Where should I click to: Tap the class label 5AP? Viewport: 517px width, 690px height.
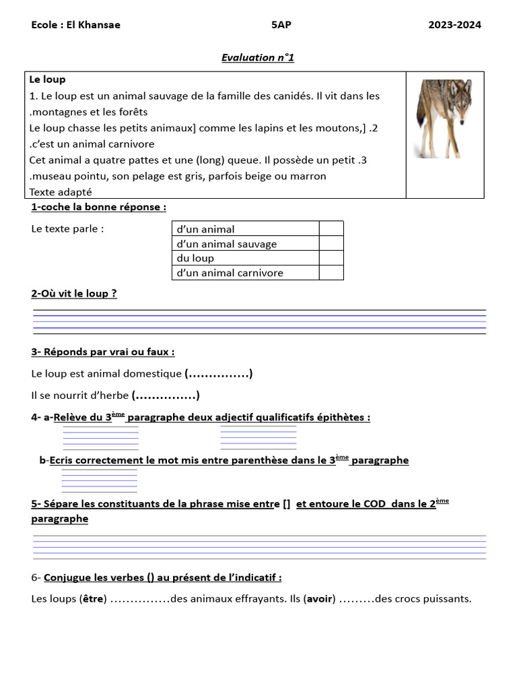281,25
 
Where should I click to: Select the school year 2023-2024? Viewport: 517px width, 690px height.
454,25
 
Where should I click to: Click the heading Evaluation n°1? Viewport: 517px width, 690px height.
258,57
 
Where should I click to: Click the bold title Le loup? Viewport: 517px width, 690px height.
47,80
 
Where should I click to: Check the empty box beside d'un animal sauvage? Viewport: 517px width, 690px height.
331,244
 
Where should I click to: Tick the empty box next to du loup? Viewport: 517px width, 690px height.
331,258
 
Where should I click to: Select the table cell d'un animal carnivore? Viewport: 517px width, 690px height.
230,273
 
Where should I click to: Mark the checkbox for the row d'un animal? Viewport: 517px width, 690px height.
331,229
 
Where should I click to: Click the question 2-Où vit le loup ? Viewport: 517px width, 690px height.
74,294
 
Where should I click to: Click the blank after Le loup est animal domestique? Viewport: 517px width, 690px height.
218,373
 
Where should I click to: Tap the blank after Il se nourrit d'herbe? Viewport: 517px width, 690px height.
166,395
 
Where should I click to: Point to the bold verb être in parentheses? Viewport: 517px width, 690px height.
93,598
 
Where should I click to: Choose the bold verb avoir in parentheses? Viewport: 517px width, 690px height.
320,598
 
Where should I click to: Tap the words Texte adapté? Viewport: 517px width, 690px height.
61,192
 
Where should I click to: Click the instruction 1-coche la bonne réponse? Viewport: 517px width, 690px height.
98,207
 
